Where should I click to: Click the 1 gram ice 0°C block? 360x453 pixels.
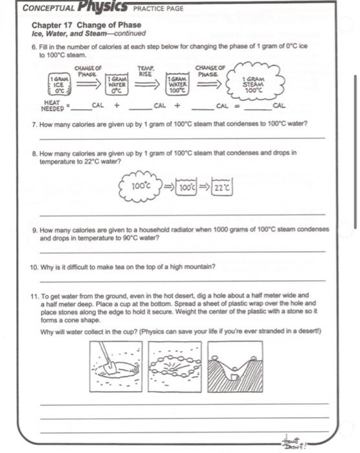[60, 84]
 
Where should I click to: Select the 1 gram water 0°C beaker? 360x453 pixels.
[117, 84]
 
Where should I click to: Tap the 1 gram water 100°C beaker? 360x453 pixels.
[177, 84]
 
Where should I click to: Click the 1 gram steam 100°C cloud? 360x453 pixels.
[253, 82]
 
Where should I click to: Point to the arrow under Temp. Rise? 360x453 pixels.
[147, 84]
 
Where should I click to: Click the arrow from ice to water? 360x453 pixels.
[89, 84]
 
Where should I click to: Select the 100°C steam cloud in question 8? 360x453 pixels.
[141, 186]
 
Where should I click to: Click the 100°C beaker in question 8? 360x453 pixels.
[186, 187]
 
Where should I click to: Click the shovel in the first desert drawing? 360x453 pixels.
[106, 357]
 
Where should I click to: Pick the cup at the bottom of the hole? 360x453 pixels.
[235, 377]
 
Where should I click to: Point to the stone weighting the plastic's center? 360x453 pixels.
[235, 369]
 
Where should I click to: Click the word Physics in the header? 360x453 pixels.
[102, 7]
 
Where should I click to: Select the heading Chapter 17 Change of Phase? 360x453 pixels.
[87, 25]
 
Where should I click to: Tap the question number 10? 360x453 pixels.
[34, 267]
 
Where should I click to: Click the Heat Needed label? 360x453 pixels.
[52, 105]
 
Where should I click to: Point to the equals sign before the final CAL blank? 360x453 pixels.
[237, 106]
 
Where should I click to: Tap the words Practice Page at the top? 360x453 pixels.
[158, 8]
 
